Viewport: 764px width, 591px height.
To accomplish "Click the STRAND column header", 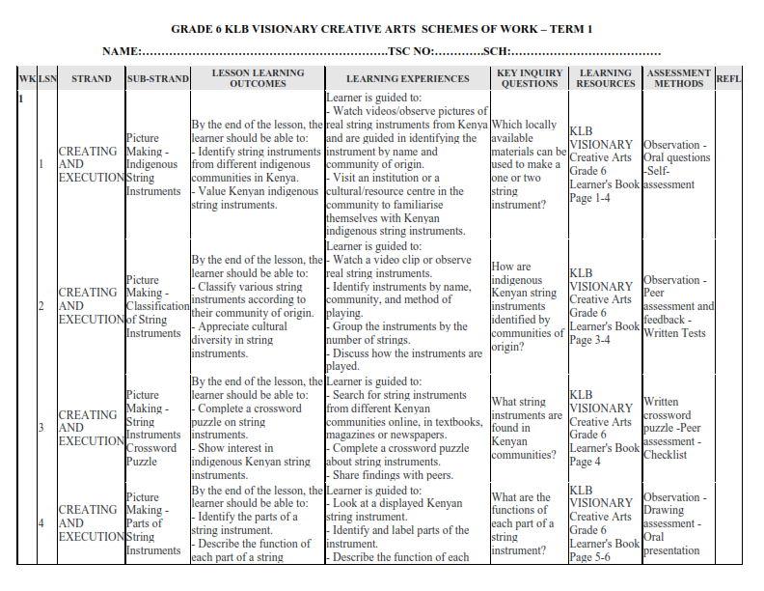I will (91, 79).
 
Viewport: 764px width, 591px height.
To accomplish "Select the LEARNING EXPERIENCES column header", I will (407, 79).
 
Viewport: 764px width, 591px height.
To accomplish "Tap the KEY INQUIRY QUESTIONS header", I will (529, 78).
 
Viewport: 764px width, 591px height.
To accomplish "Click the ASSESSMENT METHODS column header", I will (678, 78).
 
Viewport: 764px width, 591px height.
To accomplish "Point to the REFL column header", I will (728, 78).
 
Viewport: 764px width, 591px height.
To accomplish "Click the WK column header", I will (27, 78).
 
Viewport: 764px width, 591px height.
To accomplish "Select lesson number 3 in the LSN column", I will (41, 428).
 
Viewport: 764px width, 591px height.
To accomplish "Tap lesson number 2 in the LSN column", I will (41, 306).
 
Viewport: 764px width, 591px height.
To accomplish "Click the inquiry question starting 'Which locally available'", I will (528, 165).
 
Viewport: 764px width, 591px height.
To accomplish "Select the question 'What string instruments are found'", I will (527, 428).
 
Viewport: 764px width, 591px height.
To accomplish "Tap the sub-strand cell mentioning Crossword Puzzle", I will (154, 428).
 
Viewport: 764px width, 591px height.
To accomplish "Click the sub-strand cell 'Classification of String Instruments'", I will (155, 306).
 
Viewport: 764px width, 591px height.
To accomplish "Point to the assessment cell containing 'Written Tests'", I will (678, 306).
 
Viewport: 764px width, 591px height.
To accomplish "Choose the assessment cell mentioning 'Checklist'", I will (678, 428).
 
